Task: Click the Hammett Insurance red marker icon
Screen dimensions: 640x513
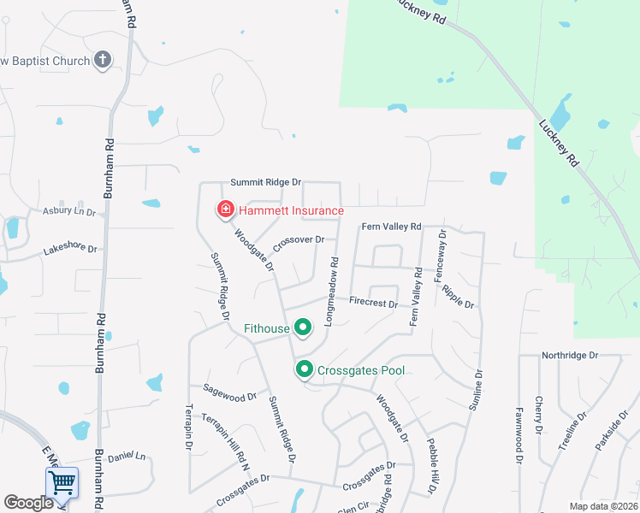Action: coord(225,209)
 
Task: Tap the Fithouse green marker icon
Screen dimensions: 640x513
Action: coord(302,327)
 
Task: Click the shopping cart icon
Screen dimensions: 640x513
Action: coord(62,483)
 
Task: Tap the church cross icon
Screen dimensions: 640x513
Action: coord(103,60)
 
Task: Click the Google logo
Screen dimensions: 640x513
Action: coord(28,503)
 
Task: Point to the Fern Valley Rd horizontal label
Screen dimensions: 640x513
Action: coord(392,227)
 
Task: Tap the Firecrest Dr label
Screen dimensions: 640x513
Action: coord(374,302)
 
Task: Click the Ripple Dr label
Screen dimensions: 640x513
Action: coord(458,296)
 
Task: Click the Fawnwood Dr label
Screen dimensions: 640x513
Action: coord(519,435)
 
